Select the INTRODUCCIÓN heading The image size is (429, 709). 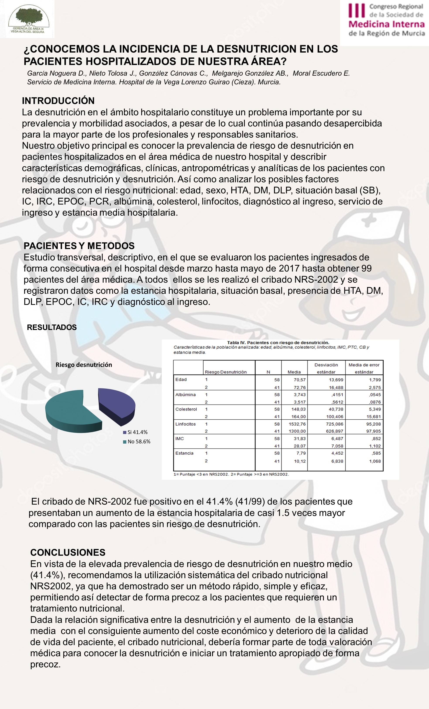pos(58,101)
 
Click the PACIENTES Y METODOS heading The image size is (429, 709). pos(79,246)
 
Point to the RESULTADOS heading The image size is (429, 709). pos(52,327)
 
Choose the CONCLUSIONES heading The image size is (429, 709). pos(68,552)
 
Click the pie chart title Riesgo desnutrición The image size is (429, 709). pos(84,365)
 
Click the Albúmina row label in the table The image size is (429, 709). pos(185,395)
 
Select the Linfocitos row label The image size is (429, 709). pos(185,424)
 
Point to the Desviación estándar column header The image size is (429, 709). pos(326,368)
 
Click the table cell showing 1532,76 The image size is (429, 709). pos(297,424)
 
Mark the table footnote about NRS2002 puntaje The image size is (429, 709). pos(231,474)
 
